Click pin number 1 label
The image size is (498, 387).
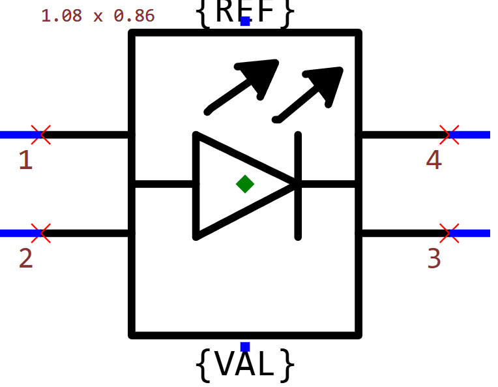coord(25,160)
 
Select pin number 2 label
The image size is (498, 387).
coord(25,258)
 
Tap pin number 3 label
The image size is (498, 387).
coord(434,258)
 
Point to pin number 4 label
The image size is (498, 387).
coord(434,160)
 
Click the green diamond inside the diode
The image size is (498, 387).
coord(245,184)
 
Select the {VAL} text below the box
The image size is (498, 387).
coord(245,365)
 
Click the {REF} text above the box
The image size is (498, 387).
coord(245,12)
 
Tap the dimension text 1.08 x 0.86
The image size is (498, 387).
coord(98,16)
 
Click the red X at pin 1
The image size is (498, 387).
coord(41,134)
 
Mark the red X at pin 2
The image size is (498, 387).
coord(41,232)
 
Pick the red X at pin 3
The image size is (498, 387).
coord(449,232)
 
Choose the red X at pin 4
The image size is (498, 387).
coord(449,134)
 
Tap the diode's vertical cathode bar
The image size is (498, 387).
coord(299,185)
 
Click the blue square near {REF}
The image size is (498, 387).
coord(245,22)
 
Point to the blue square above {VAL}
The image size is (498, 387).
coord(245,346)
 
